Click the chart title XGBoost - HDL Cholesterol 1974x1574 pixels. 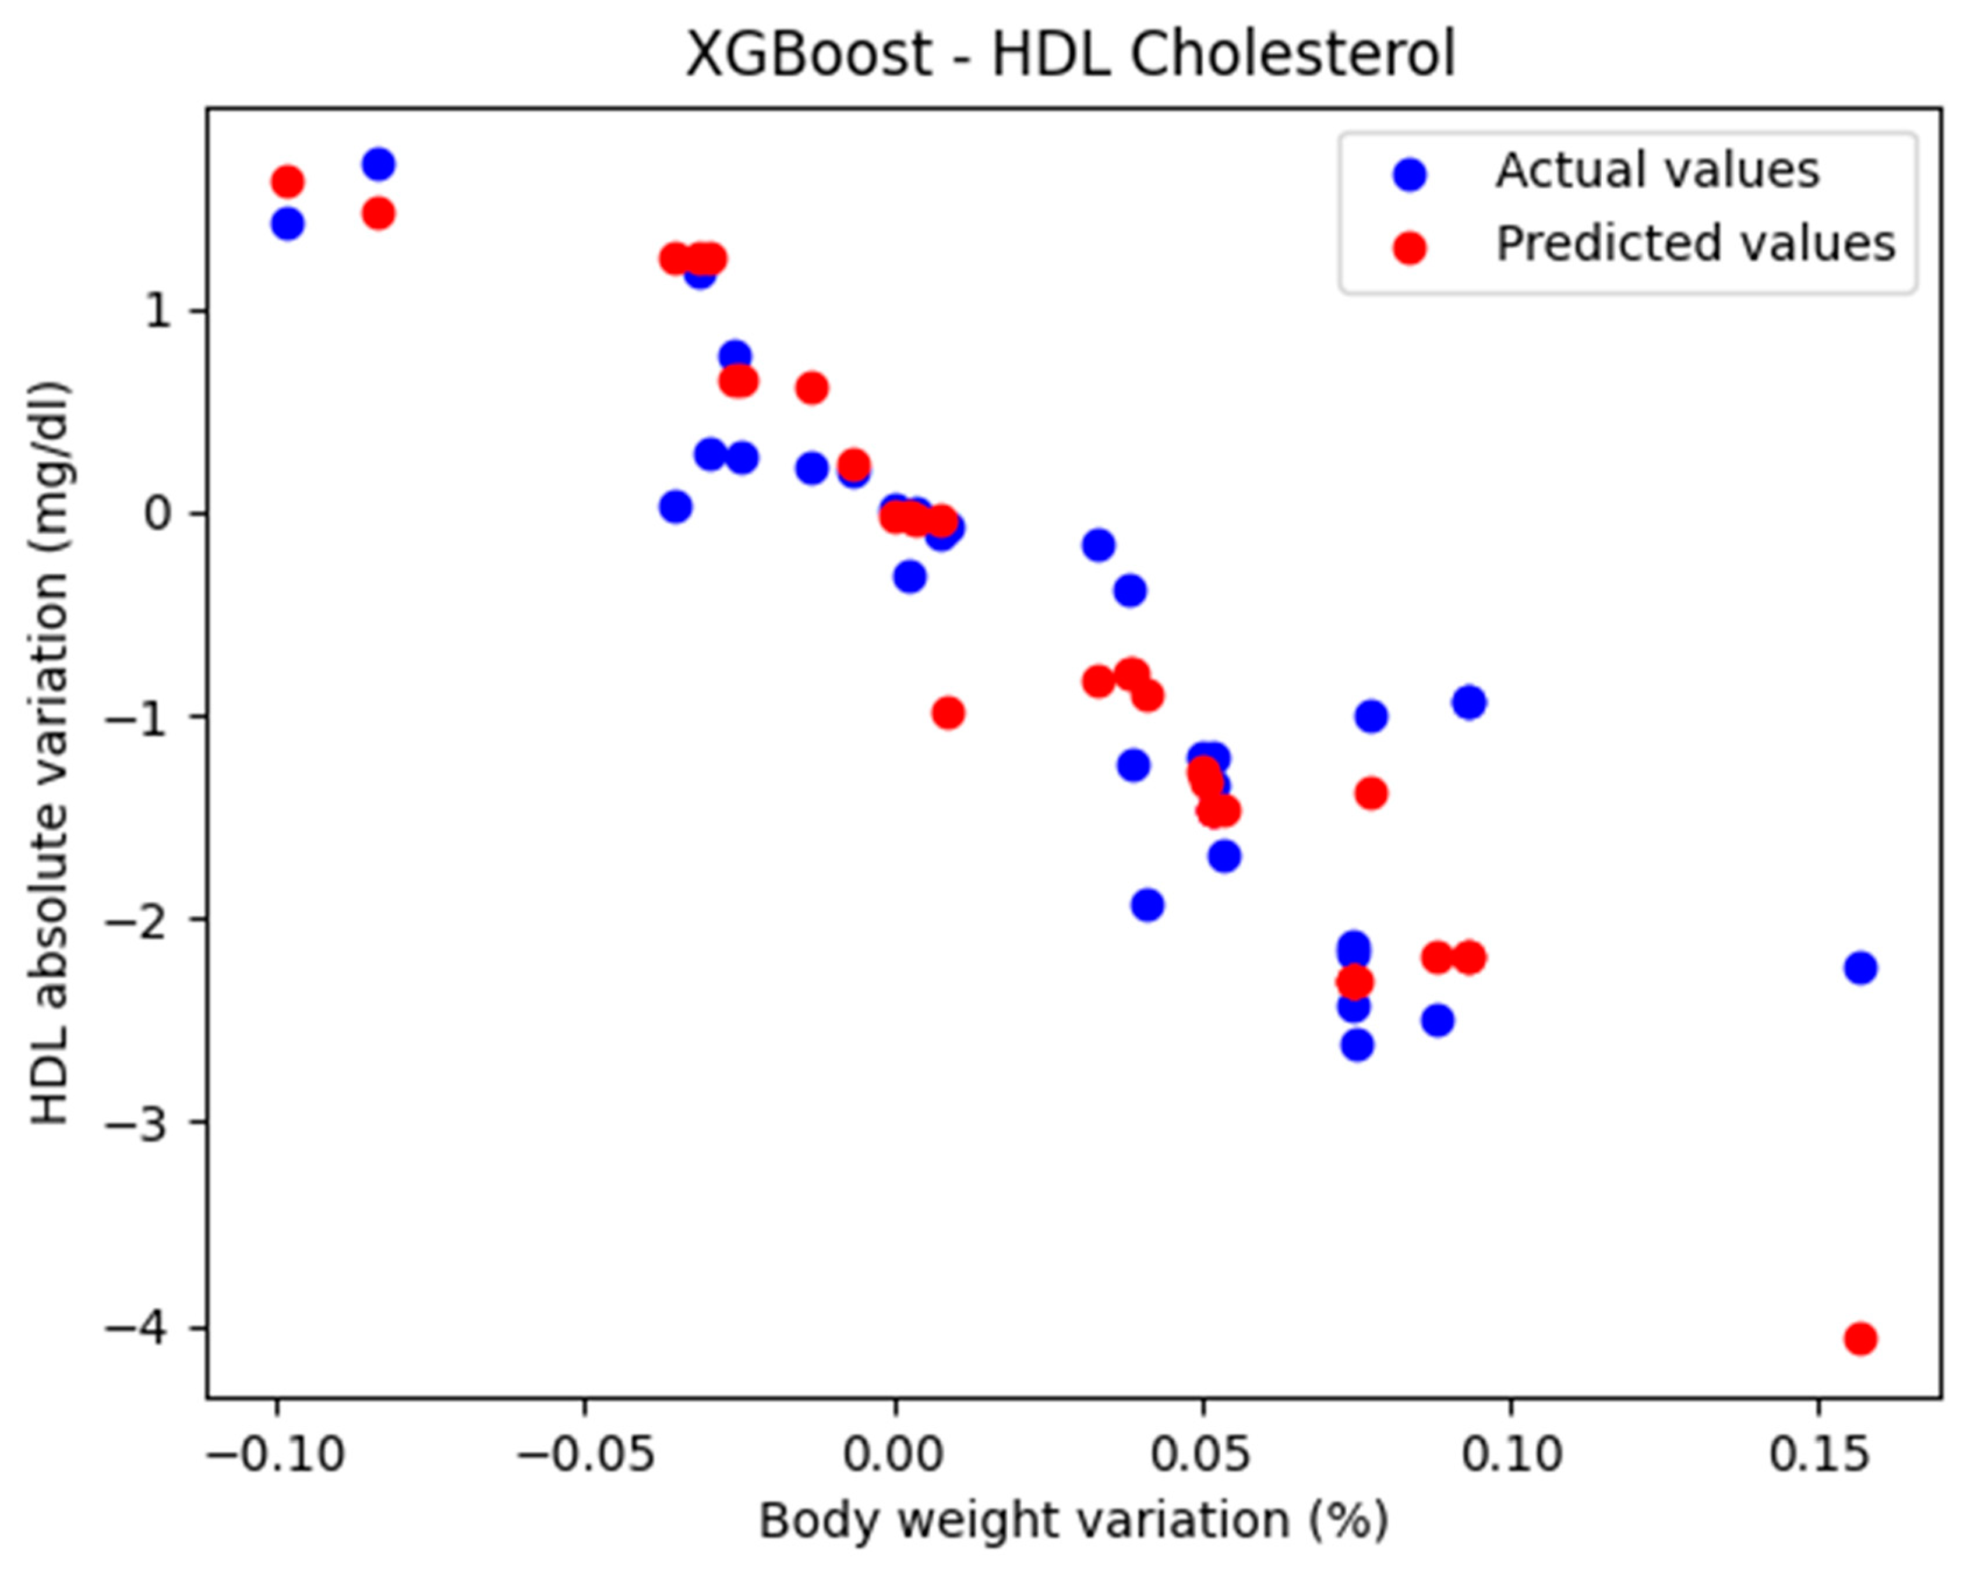click(1069, 55)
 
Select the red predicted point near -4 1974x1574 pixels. click(1860, 1339)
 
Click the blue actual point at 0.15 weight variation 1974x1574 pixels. click(1860, 968)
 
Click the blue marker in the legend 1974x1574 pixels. click(1410, 173)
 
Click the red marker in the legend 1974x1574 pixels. click(1410, 247)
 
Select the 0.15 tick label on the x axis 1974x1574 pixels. click(1818, 1456)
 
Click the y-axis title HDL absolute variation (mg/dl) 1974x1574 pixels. click(50, 753)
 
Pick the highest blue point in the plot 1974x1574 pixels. click(378, 165)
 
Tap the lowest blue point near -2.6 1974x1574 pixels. click(1357, 1044)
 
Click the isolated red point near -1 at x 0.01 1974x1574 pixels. click(948, 712)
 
